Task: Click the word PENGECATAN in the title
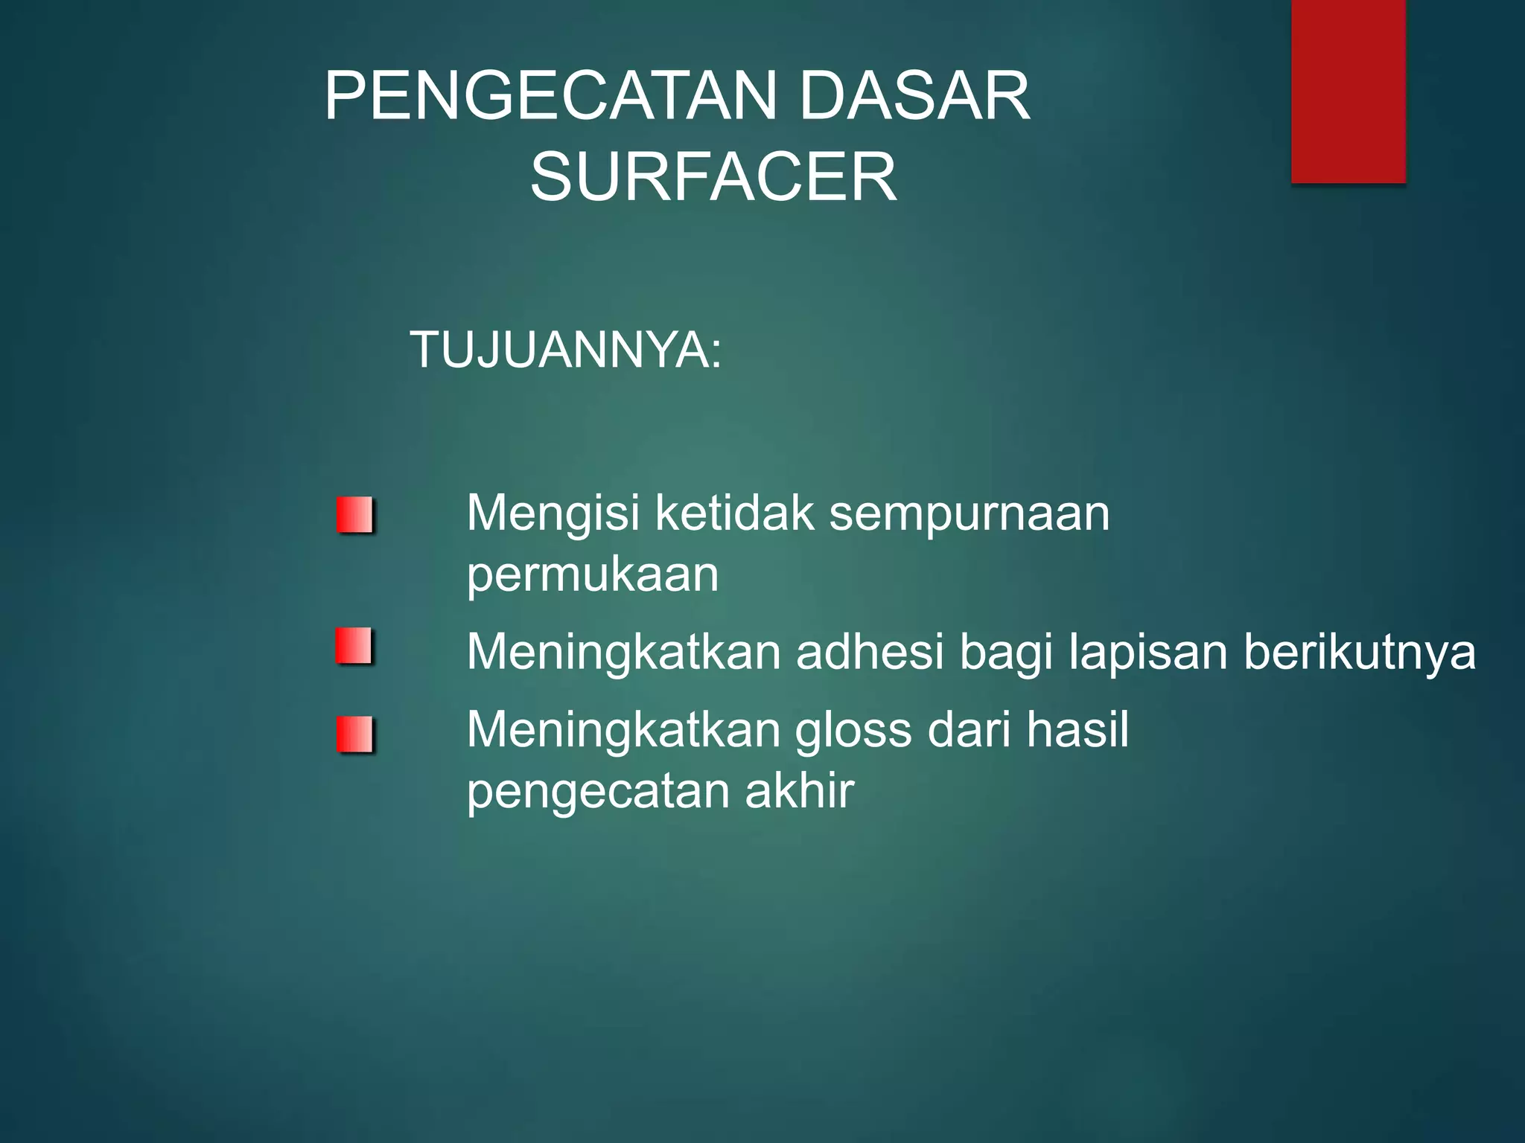[x=551, y=97]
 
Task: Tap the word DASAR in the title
[x=914, y=97]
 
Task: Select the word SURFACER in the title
[x=713, y=177]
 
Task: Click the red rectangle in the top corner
[x=1348, y=91]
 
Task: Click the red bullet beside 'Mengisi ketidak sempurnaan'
[x=354, y=515]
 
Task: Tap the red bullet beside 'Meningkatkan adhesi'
[x=354, y=646]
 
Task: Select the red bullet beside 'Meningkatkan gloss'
[x=354, y=734]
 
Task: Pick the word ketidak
[x=734, y=513]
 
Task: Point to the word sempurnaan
[x=970, y=515]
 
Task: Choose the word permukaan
[x=593, y=576]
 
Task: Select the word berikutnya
[x=1360, y=653]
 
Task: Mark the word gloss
[x=853, y=731]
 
